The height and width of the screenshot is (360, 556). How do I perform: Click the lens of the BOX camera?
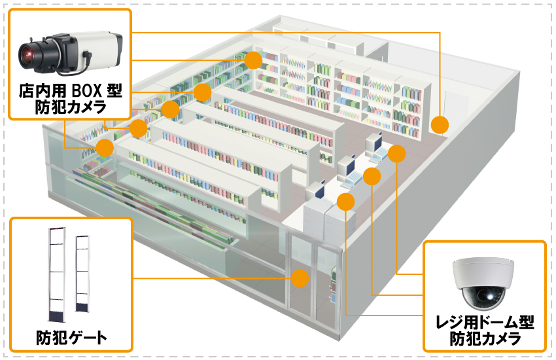(29, 53)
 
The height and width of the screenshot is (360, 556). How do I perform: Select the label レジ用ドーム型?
(485, 323)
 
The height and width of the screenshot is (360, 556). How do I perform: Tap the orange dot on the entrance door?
(300, 278)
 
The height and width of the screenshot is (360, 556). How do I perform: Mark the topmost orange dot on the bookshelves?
(254, 60)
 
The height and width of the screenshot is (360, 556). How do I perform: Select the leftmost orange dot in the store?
(105, 147)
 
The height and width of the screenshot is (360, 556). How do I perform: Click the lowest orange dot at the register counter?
(346, 202)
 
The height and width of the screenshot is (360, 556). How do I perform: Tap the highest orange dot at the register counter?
(397, 154)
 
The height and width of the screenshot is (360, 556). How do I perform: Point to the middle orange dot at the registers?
(372, 177)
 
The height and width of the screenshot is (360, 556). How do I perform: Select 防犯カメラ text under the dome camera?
(485, 339)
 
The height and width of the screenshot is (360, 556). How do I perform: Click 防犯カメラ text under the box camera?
(71, 107)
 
